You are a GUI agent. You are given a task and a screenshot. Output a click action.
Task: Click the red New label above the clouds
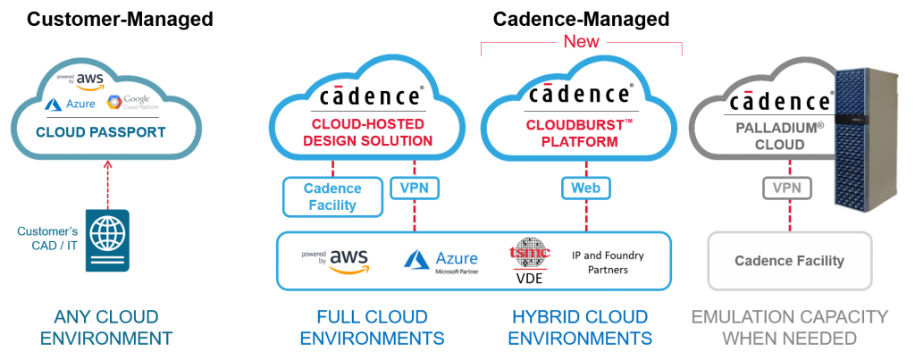[x=581, y=41]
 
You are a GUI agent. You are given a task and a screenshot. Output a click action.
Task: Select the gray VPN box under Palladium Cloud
[x=787, y=188]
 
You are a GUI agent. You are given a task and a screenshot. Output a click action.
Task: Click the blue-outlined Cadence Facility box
[x=332, y=197]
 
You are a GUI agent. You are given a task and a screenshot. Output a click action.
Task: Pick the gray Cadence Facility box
[x=789, y=261]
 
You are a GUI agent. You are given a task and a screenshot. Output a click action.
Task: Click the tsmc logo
[x=530, y=255]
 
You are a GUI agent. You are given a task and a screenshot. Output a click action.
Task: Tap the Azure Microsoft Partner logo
[x=442, y=263]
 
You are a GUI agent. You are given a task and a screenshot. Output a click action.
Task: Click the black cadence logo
[x=781, y=101]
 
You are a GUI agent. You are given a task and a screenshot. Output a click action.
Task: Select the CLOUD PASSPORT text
[x=100, y=132]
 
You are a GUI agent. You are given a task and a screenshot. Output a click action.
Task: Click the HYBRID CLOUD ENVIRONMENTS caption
[x=582, y=327]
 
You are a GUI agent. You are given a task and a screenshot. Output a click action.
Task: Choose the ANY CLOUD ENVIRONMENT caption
[x=106, y=327]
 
